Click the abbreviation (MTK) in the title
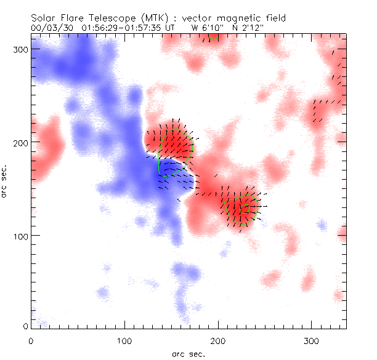145,18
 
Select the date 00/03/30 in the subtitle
50,28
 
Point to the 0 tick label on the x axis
31,339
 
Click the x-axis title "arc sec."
188,353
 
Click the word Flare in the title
70,18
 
